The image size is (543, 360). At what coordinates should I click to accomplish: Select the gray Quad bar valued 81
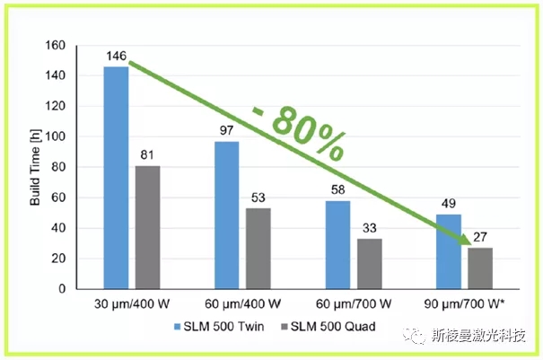[x=147, y=227]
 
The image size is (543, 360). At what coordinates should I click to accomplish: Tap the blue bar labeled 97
[x=227, y=215]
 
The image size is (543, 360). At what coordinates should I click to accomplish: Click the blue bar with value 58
[x=337, y=245]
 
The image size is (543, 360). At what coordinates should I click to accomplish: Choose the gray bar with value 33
[x=368, y=264]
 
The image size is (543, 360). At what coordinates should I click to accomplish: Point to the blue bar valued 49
[x=448, y=251]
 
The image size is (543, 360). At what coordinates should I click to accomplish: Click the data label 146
[x=116, y=57]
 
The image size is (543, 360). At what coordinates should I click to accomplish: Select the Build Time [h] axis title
[x=37, y=169]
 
